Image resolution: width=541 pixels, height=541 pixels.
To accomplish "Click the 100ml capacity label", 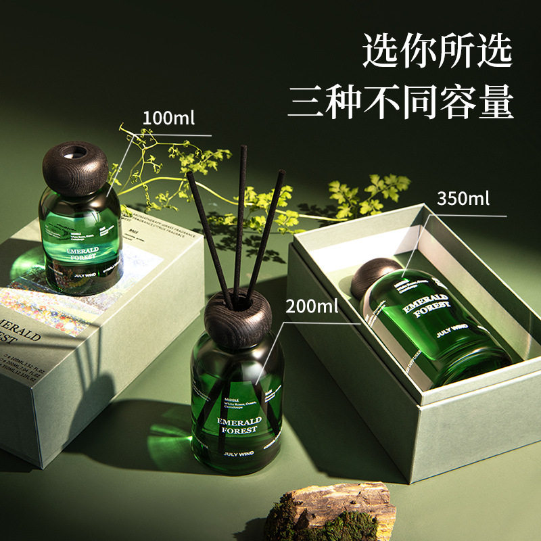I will click(x=168, y=118).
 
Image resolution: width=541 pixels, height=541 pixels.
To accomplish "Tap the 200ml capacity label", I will click(x=312, y=306).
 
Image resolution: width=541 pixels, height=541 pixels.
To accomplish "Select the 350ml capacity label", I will click(x=463, y=199).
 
